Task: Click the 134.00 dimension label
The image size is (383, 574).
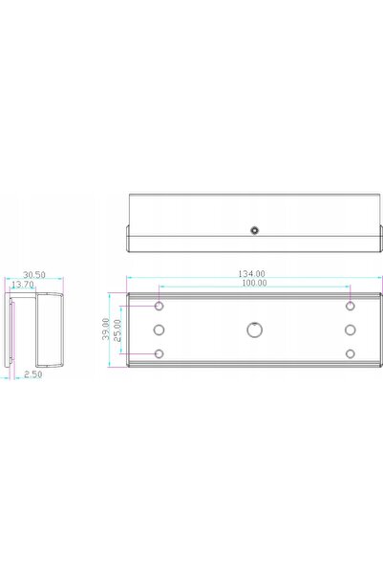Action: pyautogui.click(x=251, y=273)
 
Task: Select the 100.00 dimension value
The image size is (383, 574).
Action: pyautogui.click(x=254, y=283)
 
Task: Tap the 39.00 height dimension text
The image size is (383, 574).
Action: pyautogui.click(x=105, y=329)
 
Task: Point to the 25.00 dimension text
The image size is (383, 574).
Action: pyautogui.click(x=117, y=330)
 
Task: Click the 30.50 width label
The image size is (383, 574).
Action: pyautogui.click(x=34, y=274)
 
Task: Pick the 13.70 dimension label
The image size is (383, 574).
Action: pyautogui.click(x=23, y=284)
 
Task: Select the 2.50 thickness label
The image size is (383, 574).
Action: pyautogui.click(x=33, y=374)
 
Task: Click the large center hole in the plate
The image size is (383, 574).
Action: pyautogui.click(x=254, y=330)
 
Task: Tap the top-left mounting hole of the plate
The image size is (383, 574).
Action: pyautogui.click(x=159, y=306)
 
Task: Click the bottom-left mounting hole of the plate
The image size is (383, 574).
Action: pyautogui.click(x=159, y=353)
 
